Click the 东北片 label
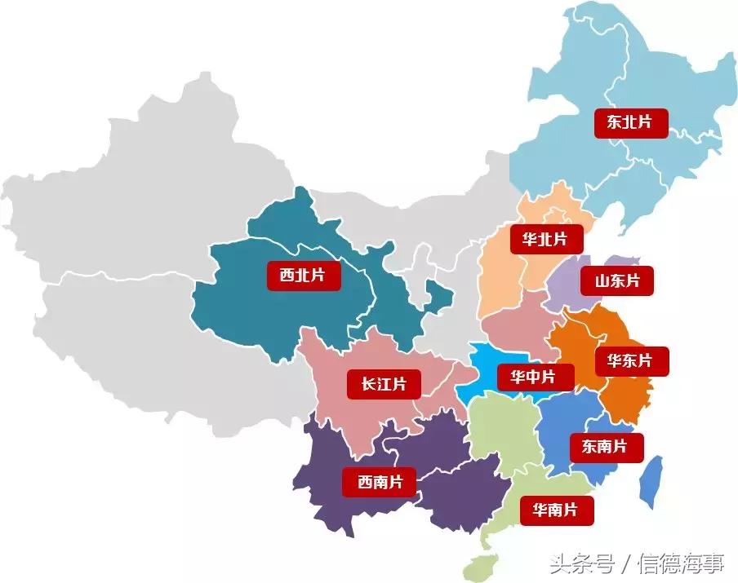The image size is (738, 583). pos(630,122)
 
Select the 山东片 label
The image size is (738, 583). pos(617,281)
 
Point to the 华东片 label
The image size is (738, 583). pos(631,360)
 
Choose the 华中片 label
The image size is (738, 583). pos(533,377)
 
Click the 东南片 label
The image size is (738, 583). pos(605,446)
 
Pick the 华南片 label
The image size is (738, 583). pos(556,510)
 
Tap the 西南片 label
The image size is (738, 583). pos(380,482)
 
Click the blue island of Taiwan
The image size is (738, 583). pos(651,481)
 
